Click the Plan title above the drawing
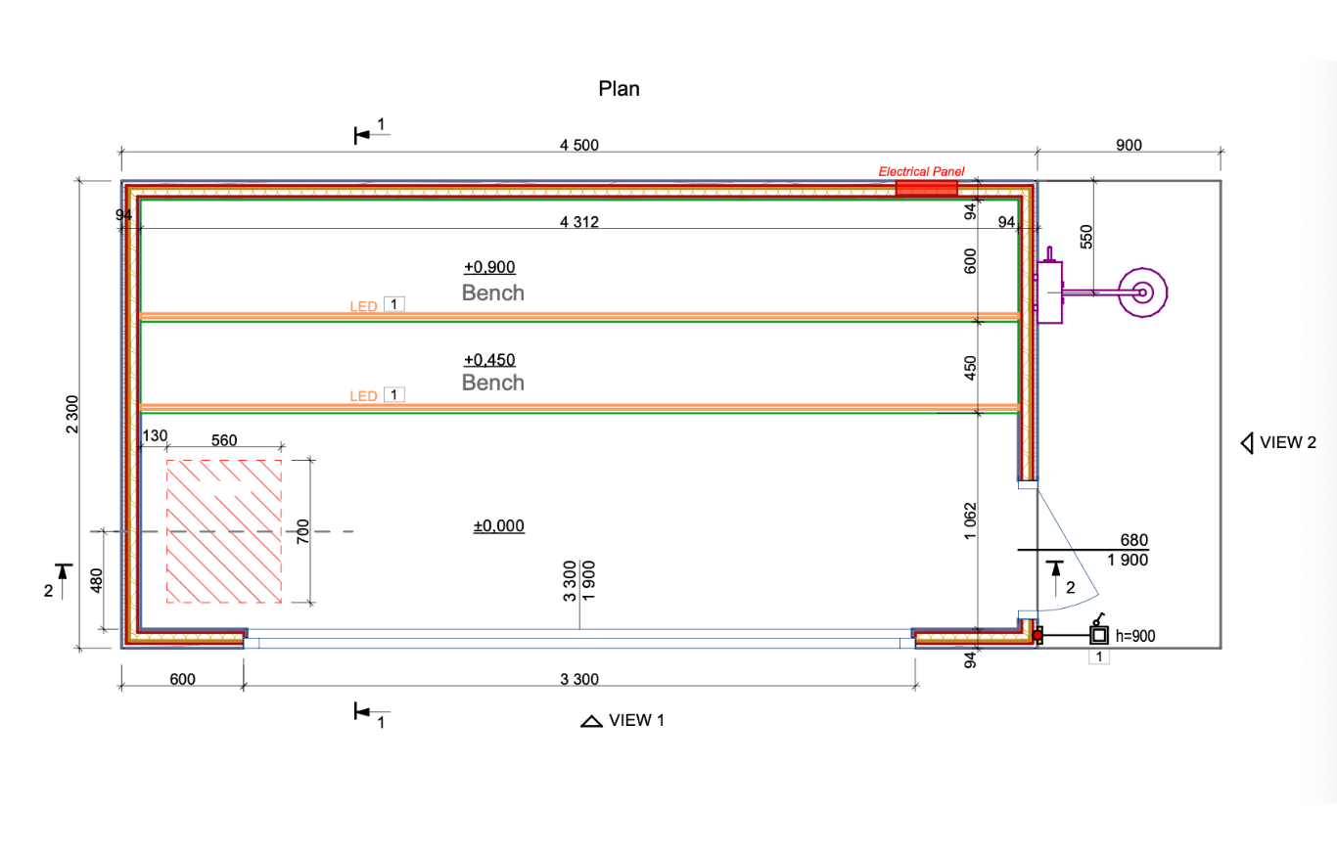(x=619, y=89)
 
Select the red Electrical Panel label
(x=921, y=171)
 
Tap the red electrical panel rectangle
(x=927, y=187)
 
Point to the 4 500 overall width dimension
(x=578, y=146)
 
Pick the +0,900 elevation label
(x=489, y=267)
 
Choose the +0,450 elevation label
(x=489, y=358)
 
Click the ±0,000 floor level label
(x=499, y=526)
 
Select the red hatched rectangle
(x=225, y=531)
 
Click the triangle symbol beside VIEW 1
(x=591, y=722)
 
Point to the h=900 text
(x=1135, y=636)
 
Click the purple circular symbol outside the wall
(x=1142, y=292)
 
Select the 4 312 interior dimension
(x=578, y=222)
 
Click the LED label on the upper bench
(x=364, y=306)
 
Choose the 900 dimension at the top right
(x=1129, y=146)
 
